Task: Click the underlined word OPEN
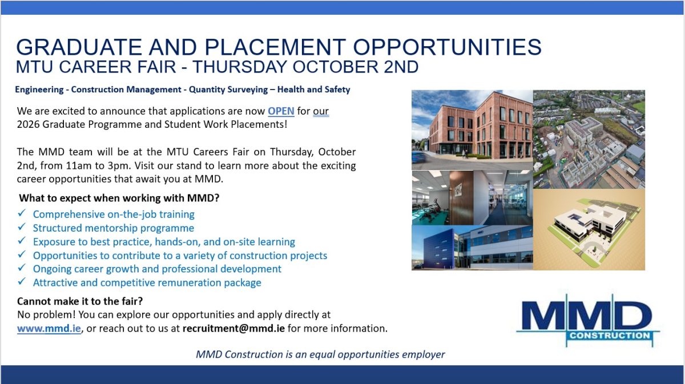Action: click(281, 111)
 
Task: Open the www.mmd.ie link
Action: click(49, 328)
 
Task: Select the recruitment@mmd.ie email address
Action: click(233, 328)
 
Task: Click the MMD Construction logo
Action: click(588, 321)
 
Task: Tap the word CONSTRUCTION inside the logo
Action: click(610, 336)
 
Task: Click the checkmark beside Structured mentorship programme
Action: click(22, 227)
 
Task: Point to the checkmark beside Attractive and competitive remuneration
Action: click(22, 281)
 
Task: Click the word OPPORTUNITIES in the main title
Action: click(447, 47)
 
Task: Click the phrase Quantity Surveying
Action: click(228, 90)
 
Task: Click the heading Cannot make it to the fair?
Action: click(80, 301)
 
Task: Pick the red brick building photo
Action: click(472, 130)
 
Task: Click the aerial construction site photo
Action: click(589, 139)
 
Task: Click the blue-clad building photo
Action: click(472, 248)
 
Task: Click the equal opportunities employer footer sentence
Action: click(320, 354)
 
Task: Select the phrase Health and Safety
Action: click(313, 90)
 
